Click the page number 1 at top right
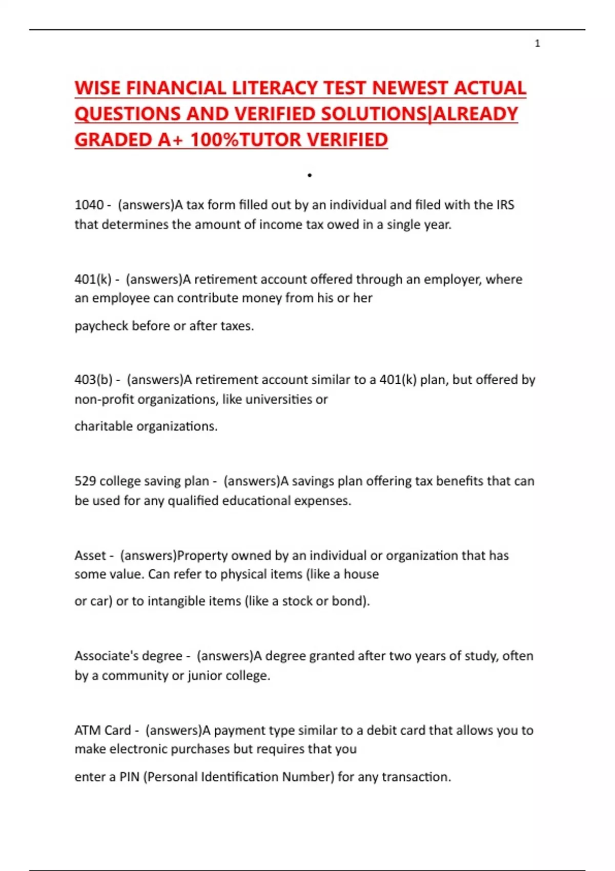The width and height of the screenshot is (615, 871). pyautogui.click(x=537, y=44)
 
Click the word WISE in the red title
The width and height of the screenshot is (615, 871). pyautogui.click(x=98, y=88)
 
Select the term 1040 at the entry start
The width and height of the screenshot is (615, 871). pyautogui.click(x=89, y=205)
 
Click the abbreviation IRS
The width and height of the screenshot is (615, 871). pyautogui.click(x=505, y=205)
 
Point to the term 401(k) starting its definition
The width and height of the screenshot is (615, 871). pyautogui.click(x=93, y=280)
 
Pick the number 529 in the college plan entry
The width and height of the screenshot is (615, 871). pyautogui.click(x=85, y=481)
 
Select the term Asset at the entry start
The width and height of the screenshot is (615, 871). pyautogui.click(x=90, y=555)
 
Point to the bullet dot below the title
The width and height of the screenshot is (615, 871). pyautogui.click(x=310, y=176)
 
